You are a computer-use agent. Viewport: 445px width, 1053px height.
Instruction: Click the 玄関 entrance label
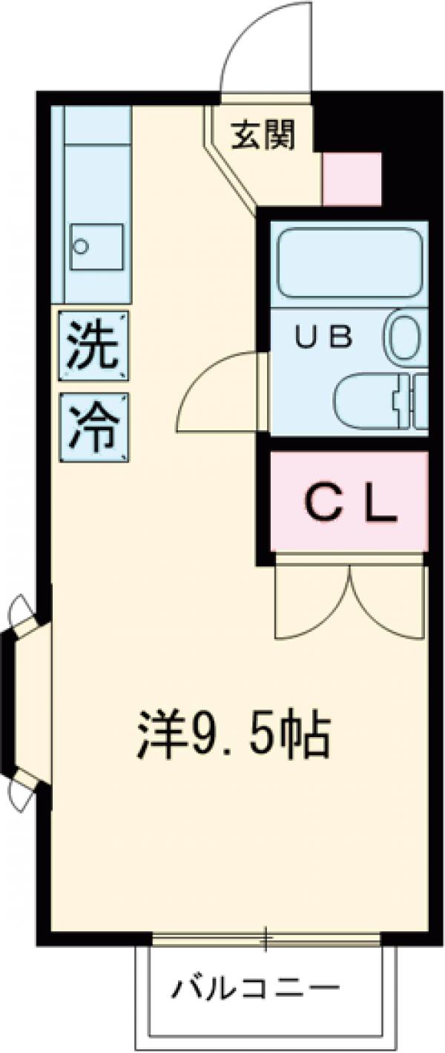coord(263,135)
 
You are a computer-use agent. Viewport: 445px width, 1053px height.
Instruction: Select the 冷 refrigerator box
coord(94,428)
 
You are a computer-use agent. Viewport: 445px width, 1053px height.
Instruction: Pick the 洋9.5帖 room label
coord(232,734)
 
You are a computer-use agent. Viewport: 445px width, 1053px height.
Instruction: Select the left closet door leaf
coord(311,604)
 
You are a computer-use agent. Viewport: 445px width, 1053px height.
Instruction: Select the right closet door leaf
coord(389,604)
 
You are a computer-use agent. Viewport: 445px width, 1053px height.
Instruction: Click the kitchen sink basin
coord(95,248)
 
